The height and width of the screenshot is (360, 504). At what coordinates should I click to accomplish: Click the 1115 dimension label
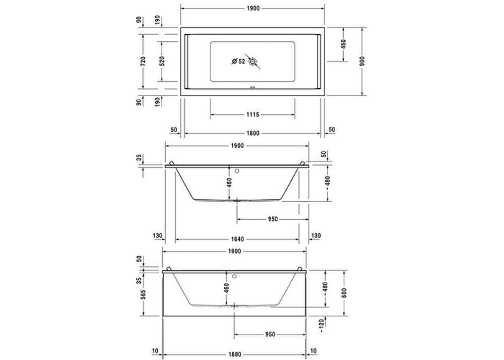[x=253, y=115]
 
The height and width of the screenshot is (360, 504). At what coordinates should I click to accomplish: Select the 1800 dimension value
[x=253, y=133]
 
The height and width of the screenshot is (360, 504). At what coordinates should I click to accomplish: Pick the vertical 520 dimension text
[x=161, y=62]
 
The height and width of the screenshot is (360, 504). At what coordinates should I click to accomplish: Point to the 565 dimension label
[x=143, y=294]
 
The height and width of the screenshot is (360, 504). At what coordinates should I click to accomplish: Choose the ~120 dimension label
[x=325, y=326]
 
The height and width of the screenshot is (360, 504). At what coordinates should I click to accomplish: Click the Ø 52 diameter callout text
[x=238, y=62]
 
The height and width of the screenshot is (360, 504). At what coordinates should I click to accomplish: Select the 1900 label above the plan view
[x=253, y=9]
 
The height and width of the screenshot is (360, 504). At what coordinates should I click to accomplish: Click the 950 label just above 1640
[x=273, y=219]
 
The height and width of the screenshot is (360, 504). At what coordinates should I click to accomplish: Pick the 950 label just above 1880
[x=270, y=334]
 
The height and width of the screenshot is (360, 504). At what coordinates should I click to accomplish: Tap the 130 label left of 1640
[x=157, y=235]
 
